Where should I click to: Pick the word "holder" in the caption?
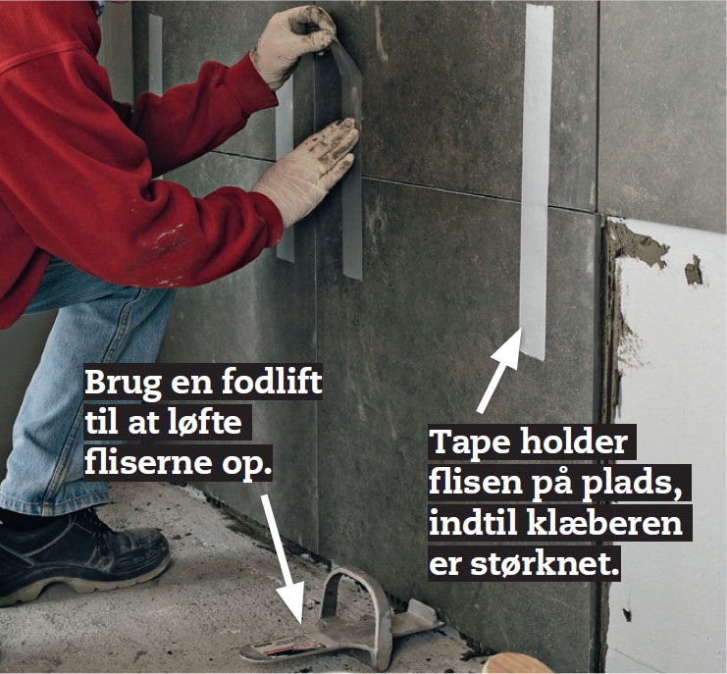(x=574, y=441)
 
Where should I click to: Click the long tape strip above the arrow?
(x=536, y=181)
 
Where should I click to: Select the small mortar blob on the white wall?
(x=694, y=271)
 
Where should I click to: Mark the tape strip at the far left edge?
(x=155, y=56)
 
